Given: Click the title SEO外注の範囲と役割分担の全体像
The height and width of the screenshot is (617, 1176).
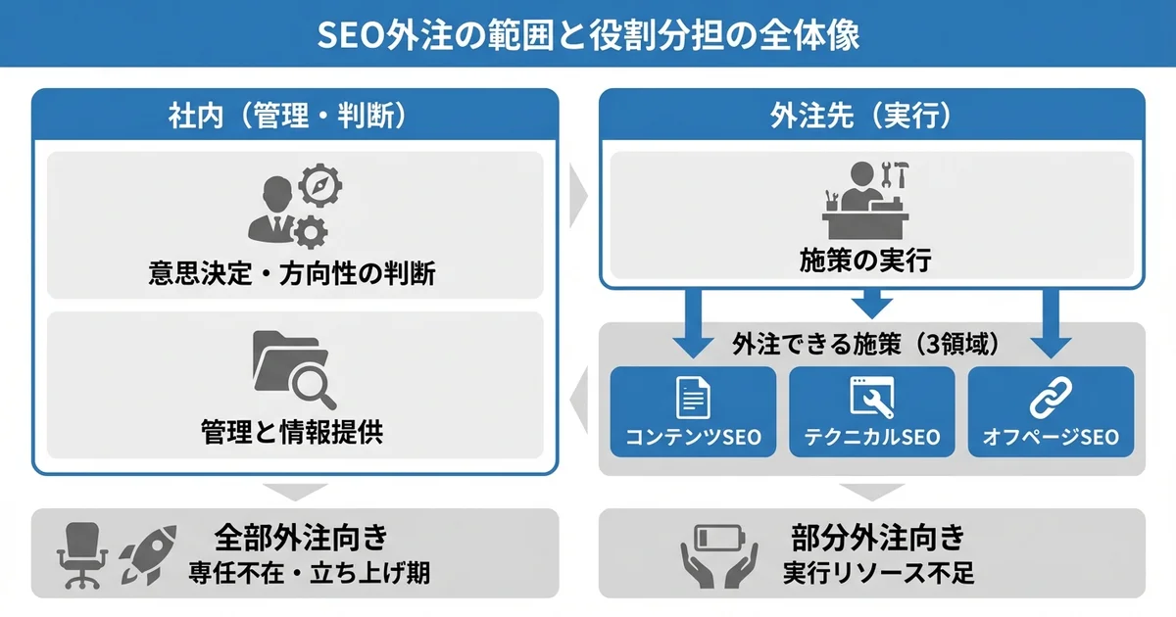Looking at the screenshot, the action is (x=588, y=34).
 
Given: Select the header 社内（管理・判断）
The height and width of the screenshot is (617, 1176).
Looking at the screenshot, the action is (x=295, y=117).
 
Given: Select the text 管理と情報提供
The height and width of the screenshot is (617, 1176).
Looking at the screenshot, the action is (x=292, y=433).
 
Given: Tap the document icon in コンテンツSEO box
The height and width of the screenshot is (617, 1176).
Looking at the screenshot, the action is (x=693, y=400).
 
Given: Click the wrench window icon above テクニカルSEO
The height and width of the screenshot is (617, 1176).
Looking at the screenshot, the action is (x=871, y=400).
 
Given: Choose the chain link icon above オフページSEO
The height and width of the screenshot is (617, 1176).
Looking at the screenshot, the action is (x=1051, y=399).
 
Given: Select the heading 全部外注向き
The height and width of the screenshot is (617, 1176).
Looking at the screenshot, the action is (x=302, y=537).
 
